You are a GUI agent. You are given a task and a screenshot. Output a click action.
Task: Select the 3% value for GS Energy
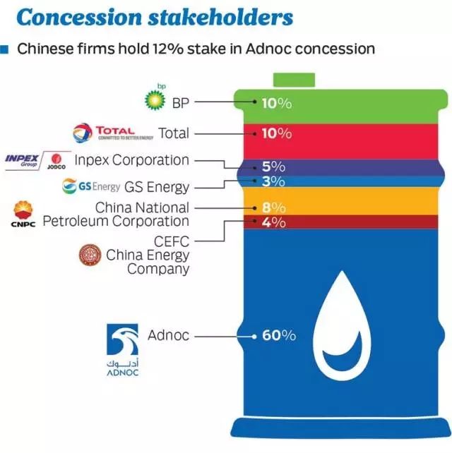pyautogui.click(x=273, y=181)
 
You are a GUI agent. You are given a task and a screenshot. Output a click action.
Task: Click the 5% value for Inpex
pyautogui.click(x=273, y=167)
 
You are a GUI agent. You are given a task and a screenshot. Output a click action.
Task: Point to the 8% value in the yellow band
pyautogui.click(x=273, y=207)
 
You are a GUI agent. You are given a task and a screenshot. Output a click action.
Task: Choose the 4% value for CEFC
pyautogui.click(x=273, y=222)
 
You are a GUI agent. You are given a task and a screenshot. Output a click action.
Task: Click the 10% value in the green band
pyautogui.click(x=277, y=103)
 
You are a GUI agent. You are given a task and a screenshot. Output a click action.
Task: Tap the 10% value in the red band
pyautogui.click(x=277, y=133)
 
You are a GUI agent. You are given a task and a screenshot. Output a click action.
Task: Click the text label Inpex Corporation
pyautogui.click(x=132, y=160)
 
